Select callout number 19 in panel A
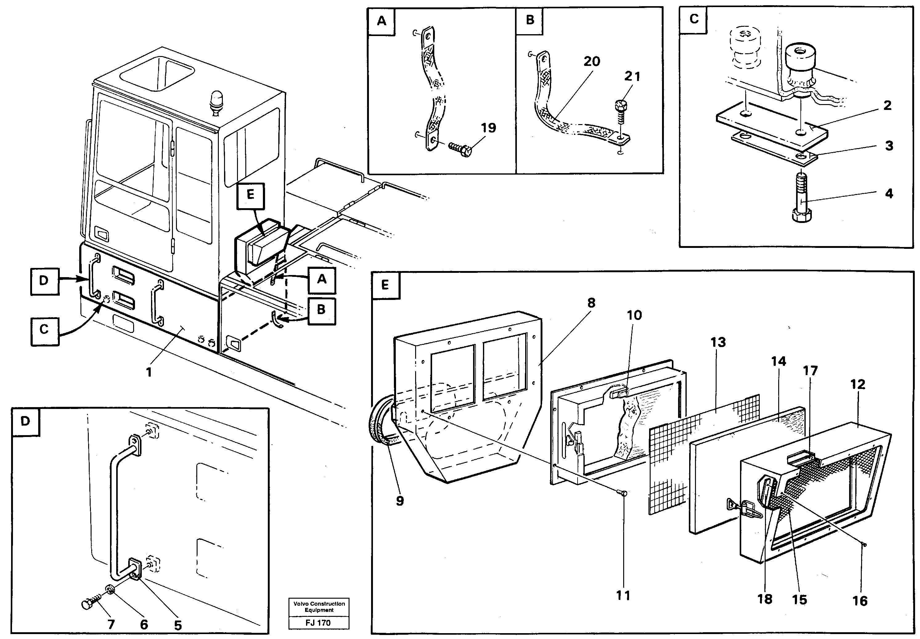488,128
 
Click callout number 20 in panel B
591,62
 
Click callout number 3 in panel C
889,146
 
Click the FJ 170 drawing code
318,623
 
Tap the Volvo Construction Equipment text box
319,607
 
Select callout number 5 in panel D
178,625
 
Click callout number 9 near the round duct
399,500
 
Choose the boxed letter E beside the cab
251,195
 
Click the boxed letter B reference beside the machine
321,310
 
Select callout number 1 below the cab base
149,372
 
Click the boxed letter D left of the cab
44,281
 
